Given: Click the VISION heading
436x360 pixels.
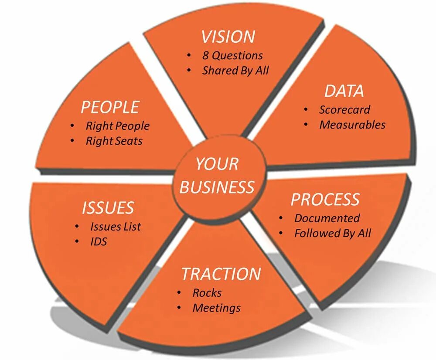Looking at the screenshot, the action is (x=228, y=37).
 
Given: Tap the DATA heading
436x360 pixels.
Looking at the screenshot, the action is (x=344, y=91).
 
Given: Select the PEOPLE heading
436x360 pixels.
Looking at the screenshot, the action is (x=110, y=107).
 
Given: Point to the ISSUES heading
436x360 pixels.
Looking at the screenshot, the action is (x=108, y=208).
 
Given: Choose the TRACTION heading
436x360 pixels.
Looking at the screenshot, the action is (x=221, y=274).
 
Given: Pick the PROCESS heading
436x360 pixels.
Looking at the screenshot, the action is (x=325, y=200).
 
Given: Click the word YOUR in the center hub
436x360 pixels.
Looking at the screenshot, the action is (x=217, y=164).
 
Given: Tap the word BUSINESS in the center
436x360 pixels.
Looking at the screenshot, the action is (x=217, y=187).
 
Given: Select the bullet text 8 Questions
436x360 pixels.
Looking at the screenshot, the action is (x=232, y=56).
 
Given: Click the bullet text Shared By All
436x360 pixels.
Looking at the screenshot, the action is (x=235, y=71).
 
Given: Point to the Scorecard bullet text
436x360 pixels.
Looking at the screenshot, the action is (x=344, y=110).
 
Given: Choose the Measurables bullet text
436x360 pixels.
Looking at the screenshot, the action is (x=352, y=125).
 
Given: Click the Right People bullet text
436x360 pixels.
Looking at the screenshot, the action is (x=117, y=126).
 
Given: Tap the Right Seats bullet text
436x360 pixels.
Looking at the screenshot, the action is (x=114, y=141).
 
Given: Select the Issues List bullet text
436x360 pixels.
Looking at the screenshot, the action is (x=116, y=227).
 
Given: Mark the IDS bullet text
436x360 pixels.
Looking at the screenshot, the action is (x=99, y=241).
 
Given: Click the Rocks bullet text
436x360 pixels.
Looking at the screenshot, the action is (x=207, y=293).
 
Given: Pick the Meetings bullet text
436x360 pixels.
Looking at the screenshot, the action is (x=216, y=308).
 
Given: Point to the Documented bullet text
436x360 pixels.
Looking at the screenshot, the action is (x=327, y=218).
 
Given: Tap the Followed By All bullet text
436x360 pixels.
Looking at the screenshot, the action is (x=333, y=233).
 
